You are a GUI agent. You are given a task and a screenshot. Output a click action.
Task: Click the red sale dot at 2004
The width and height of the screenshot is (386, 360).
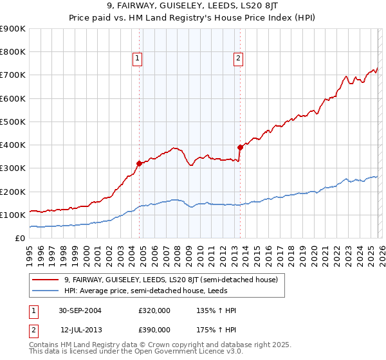click(x=140, y=163)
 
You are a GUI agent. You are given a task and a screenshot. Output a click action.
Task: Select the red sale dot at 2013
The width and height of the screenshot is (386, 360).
click(x=240, y=147)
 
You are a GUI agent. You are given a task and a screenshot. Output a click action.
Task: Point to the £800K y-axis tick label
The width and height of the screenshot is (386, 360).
click(x=13, y=52)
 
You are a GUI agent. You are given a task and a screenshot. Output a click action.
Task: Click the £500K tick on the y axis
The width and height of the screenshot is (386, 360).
click(x=13, y=122)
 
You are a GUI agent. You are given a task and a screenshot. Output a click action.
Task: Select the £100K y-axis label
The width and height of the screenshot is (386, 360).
click(x=13, y=215)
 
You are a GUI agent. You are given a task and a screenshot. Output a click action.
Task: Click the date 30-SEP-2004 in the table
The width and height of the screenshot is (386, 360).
click(x=82, y=310)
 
